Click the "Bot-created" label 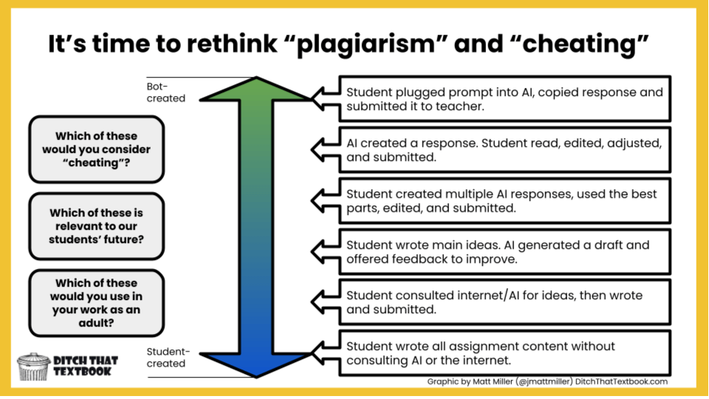[x=166, y=92]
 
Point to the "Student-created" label [x=166, y=358]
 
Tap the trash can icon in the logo [x=34, y=366]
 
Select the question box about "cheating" [x=96, y=149]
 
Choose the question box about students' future [x=96, y=225]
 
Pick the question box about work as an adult [x=96, y=303]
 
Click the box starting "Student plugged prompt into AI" [x=504, y=99]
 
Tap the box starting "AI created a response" [x=504, y=150]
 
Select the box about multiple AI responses [x=504, y=201]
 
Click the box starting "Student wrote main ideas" [x=504, y=251]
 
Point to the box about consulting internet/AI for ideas [x=504, y=302]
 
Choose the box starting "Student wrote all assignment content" [x=504, y=353]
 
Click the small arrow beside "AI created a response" [x=323, y=150]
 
